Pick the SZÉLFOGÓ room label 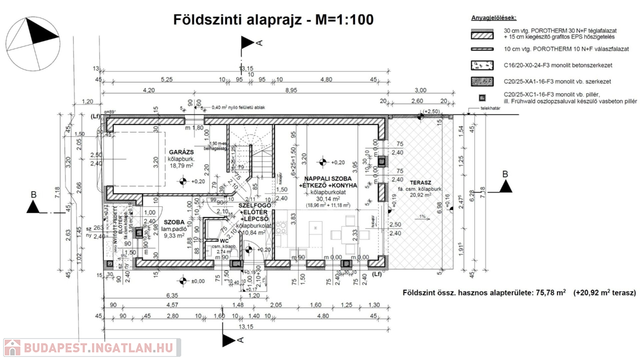point(253,206)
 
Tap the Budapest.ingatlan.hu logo point(91,347)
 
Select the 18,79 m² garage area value point(179,166)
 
